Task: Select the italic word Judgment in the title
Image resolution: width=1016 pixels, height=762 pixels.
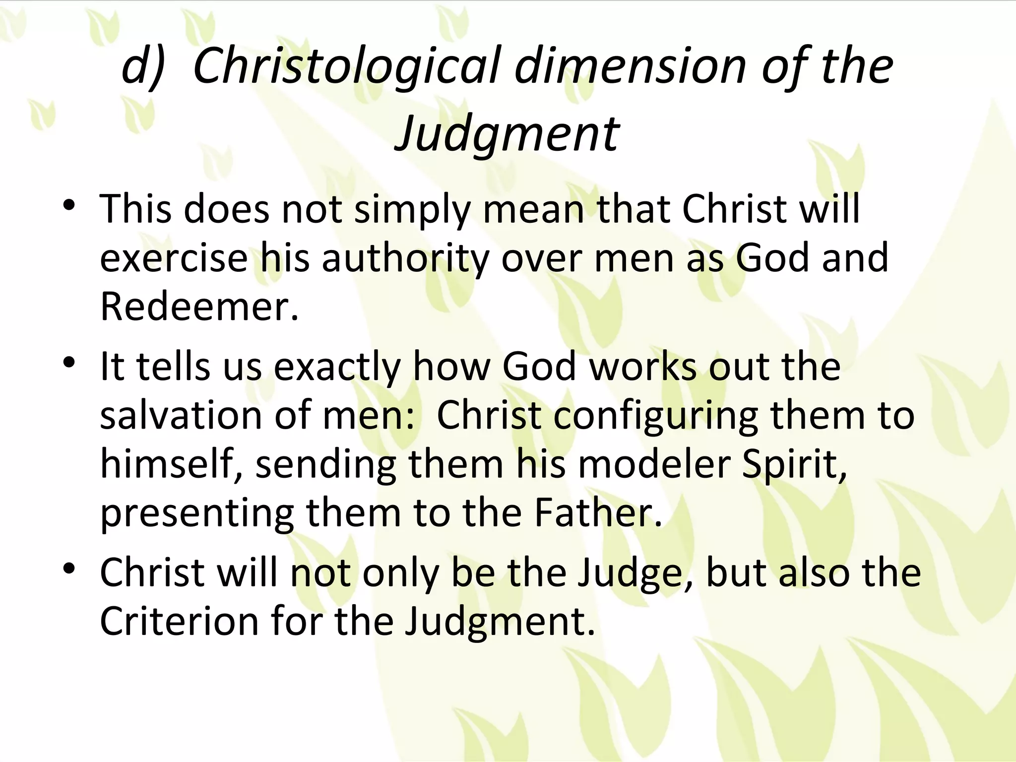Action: click(507, 133)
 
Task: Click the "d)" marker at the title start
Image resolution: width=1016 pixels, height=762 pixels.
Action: click(142, 66)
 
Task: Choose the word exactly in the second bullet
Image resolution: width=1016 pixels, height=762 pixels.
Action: click(337, 368)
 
